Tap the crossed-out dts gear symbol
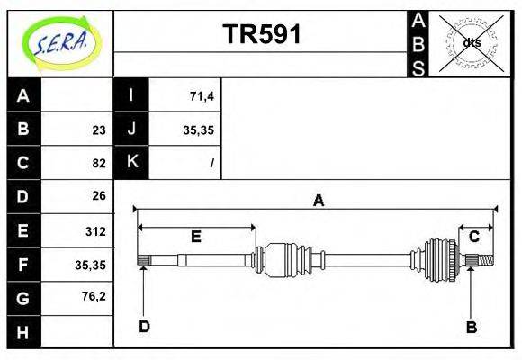click(x=472, y=42)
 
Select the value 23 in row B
click(x=98, y=130)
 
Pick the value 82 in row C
click(x=98, y=164)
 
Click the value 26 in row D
click(x=98, y=195)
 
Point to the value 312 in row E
click(x=94, y=231)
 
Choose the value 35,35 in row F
click(x=90, y=265)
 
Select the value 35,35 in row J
click(x=197, y=130)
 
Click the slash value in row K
click(x=211, y=164)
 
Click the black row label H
click(x=24, y=333)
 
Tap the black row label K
click(x=131, y=163)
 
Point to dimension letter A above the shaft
click(x=318, y=201)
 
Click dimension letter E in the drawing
click(x=195, y=237)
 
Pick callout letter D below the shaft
click(x=144, y=327)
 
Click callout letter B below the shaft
click(x=471, y=327)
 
